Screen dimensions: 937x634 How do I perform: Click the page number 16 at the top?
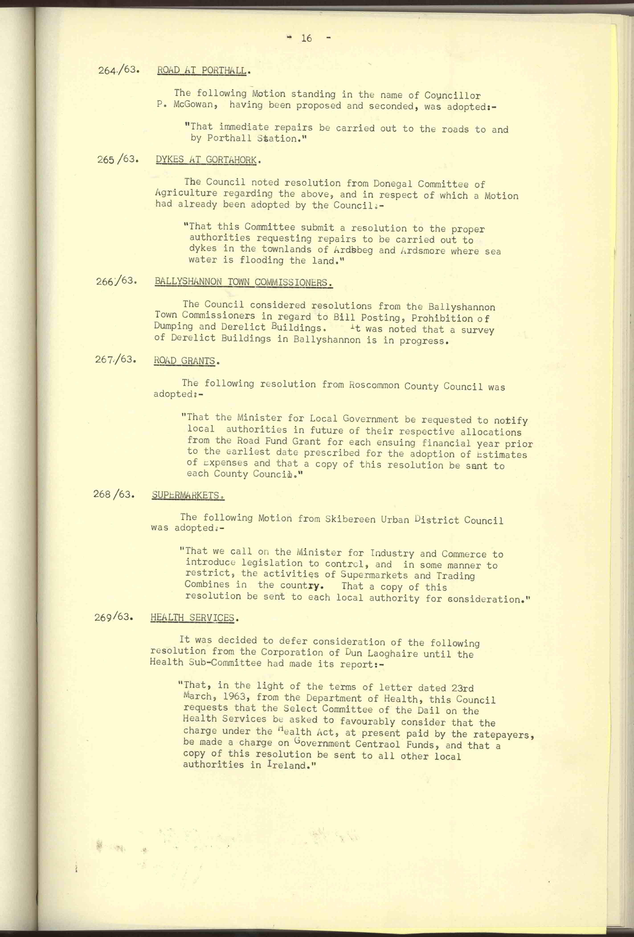click(x=306, y=38)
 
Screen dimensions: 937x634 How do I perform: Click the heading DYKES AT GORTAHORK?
click(x=206, y=160)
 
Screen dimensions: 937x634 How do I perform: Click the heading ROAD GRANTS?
click(x=185, y=361)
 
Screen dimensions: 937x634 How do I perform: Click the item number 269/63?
click(x=113, y=617)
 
